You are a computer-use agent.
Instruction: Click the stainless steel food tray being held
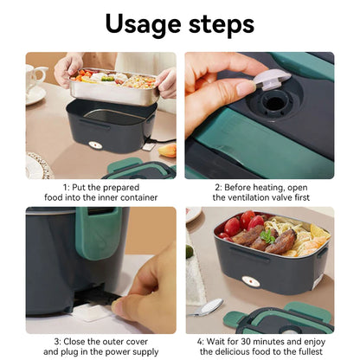click(x=112, y=86)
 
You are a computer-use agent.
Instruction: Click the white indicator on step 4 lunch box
click(x=250, y=281)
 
